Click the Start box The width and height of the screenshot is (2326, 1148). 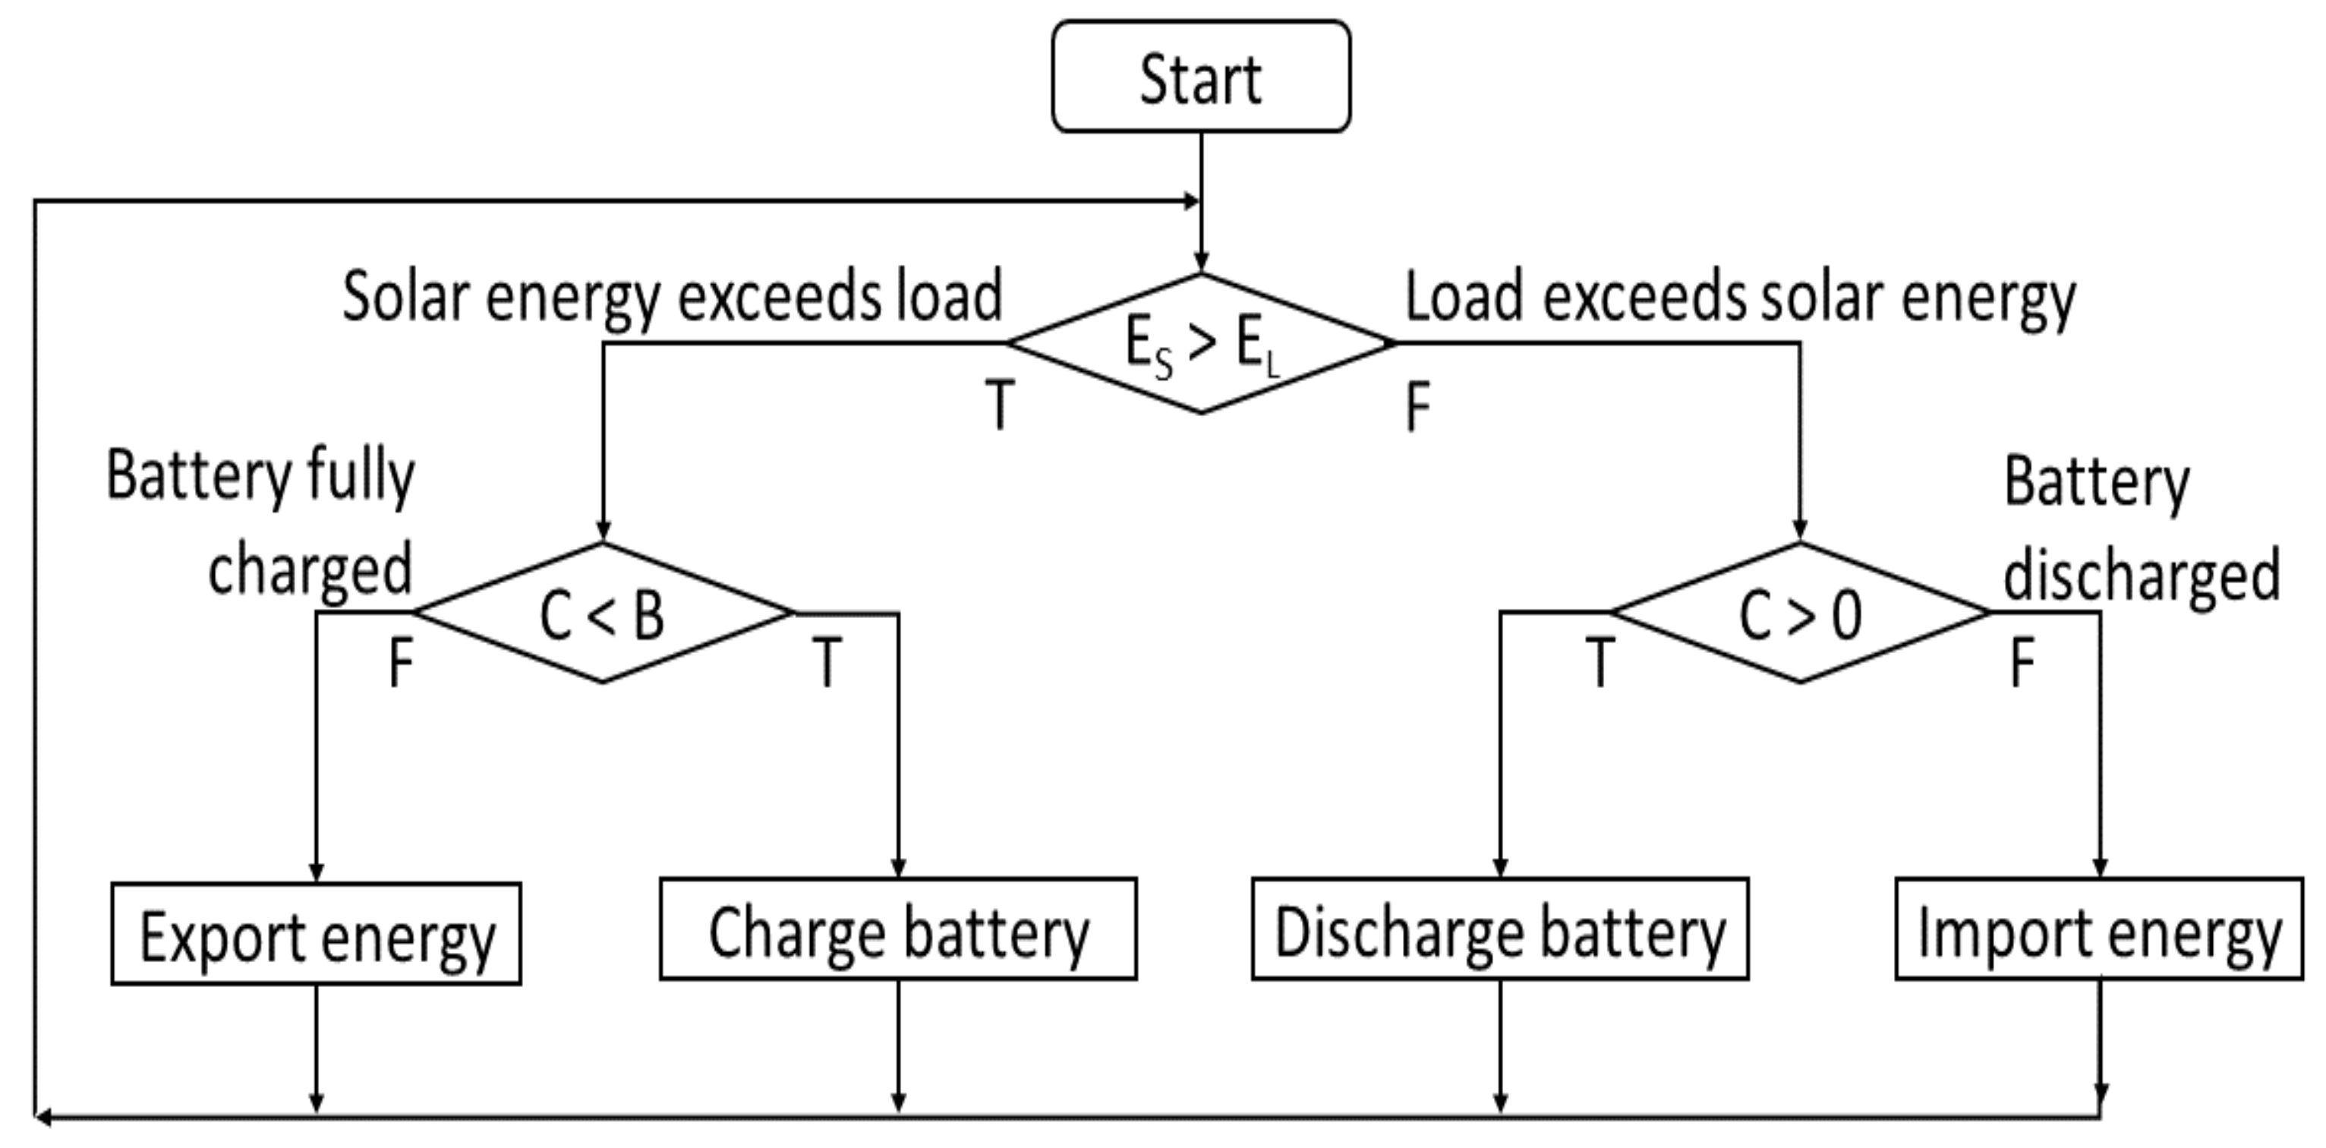(1201, 77)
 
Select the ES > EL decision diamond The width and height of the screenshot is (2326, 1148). (1201, 344)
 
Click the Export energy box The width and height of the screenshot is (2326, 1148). (316, 935)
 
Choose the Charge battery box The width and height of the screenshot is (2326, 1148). (897, 929)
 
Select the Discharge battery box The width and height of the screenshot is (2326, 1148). (1500, 929)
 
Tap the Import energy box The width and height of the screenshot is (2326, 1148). (2098, 929)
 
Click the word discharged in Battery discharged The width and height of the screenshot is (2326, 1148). (2141, 576)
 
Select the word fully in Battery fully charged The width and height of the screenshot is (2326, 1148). (361, 476)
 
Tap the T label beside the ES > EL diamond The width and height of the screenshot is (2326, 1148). (999, 405)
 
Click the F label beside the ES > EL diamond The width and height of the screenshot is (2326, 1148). (1417, 406)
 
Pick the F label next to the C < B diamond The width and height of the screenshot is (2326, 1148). (401, 663)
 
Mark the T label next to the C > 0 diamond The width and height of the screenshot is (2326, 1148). (1599, 663)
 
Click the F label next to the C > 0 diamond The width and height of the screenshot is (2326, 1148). (2022, 663)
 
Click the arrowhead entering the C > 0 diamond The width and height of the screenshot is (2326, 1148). (1800, 530)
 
